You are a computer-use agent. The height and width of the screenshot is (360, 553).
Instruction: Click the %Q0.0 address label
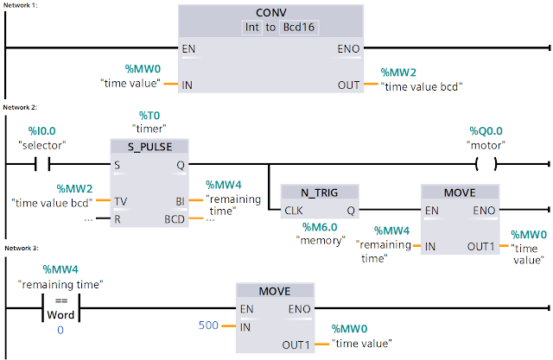[x=485, y=130]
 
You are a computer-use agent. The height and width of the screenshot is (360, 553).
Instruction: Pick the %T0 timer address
[x=150, y=114]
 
